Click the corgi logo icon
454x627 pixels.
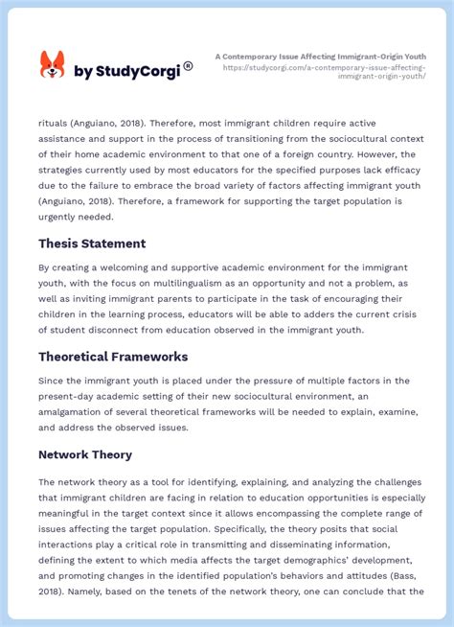(x=52, y=65)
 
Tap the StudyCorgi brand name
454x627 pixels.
(x=127, y=71)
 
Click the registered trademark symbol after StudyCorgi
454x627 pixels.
(x=188, y=66)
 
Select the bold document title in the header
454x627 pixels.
(x=321, y=57)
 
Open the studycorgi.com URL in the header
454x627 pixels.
(x=325, y=72)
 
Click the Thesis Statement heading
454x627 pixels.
(x=92, y=244)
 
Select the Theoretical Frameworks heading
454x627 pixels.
(x=113, y=357)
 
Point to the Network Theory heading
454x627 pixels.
(x=85, y=454)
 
